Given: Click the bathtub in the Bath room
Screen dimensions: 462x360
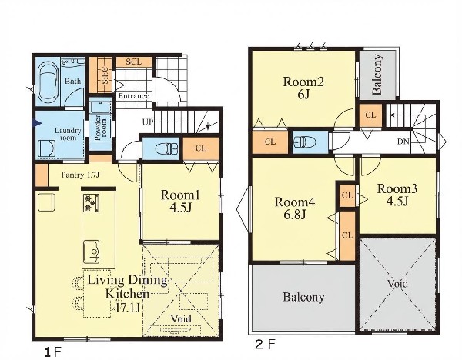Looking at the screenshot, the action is coord(48,84).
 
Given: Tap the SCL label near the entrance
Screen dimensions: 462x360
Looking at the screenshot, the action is coord(134,62).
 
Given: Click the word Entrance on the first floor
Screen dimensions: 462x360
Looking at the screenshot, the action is coord(134,96).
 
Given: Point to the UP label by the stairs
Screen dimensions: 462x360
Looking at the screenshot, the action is coord(148,122).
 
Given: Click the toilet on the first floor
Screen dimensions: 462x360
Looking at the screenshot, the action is coord(167,148).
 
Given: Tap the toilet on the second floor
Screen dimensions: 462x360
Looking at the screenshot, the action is coord(304,142).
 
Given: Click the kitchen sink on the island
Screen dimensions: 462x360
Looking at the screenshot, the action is coord(92,252).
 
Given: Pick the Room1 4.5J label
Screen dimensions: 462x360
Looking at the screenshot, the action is coord(180,201).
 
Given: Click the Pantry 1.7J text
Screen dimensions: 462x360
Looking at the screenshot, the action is coord(80,175).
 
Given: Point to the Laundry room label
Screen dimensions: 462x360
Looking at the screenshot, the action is coord(68,134).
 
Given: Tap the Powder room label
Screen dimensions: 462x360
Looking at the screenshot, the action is coord(100,128).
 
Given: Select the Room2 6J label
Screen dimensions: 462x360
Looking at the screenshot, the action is coord(303,88).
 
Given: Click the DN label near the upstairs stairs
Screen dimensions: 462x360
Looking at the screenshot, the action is coord(403,142).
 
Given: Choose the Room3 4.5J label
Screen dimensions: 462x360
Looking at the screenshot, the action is coord(397,195).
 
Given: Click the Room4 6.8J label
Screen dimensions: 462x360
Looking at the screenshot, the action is coord(295,208).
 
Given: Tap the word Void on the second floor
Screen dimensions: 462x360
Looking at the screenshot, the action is coord(397,284).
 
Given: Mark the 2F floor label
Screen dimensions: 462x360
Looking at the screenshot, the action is coord(265,345).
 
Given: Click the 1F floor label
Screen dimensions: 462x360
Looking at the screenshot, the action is coord(52,352).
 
